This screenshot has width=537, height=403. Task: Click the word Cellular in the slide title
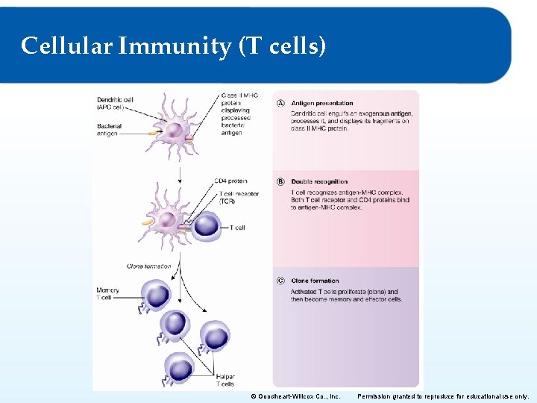coord(66,47)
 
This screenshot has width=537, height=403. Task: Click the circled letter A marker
coord(280,103)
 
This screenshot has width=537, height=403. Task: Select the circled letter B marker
coord(280,181)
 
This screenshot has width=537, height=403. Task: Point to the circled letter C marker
coord(280,281)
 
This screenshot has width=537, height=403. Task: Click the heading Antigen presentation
coord(322,103)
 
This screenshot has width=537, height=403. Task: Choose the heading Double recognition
coord(319,181)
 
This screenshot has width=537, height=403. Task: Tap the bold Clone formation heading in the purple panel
coord(315,281)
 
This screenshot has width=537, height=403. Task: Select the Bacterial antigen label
coord(109,130)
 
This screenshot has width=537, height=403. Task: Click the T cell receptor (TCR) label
coord(239,197)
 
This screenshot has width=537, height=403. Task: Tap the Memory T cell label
coord(107,293)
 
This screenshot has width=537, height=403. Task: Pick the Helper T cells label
coord(225,381)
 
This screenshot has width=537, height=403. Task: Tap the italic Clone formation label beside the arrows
coord(148,266)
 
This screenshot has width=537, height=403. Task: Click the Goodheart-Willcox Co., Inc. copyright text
coord(295,396)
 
